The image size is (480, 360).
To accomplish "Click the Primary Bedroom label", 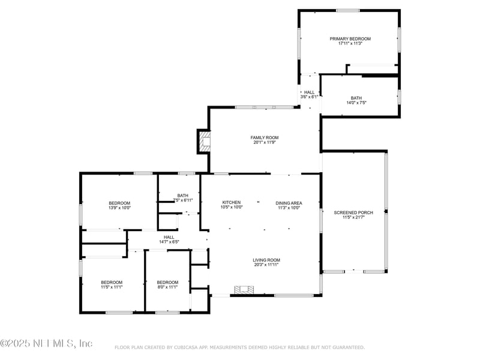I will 350,38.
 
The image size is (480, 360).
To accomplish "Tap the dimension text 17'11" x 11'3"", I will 350,43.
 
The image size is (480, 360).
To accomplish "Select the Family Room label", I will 265,137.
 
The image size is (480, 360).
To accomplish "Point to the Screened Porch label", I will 353,212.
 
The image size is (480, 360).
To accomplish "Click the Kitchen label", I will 231,203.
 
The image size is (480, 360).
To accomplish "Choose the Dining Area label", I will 289,203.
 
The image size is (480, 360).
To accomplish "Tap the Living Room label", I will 266,260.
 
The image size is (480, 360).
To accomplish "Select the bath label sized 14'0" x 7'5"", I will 356,98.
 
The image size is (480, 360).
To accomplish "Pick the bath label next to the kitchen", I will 182,195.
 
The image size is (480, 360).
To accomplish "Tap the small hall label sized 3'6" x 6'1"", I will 309,92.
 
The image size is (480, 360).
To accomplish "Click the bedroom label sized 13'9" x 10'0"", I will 119,203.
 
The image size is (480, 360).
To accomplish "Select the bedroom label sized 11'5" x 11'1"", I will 112,282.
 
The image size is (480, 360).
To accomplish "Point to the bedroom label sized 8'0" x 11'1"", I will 167,282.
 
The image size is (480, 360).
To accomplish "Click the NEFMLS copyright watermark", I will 46,343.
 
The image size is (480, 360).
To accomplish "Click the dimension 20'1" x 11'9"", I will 265,142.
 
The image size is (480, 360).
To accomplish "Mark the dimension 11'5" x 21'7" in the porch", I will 353,217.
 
